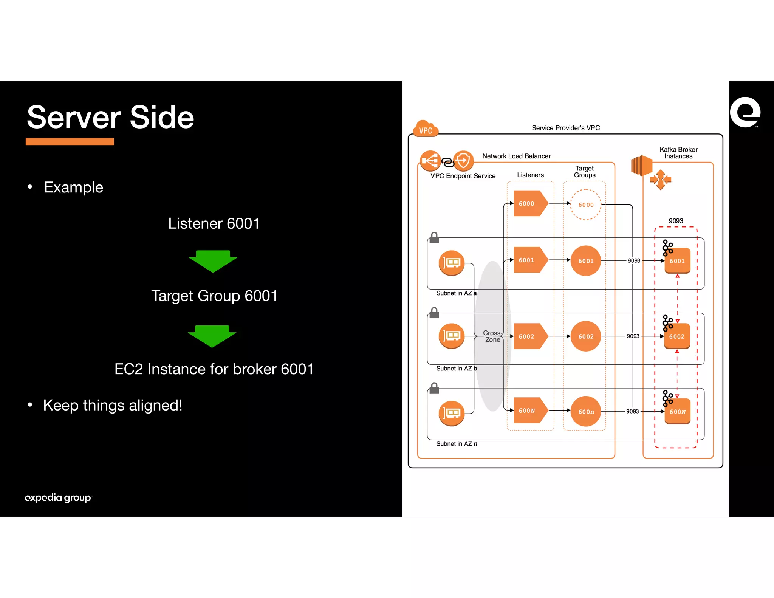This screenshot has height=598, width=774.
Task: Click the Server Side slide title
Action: [110, 117]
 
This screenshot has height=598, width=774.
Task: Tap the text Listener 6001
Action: [214, 223]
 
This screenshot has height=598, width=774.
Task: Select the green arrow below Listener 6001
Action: [213, 261]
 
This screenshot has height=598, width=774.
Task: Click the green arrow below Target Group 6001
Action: [212, 336]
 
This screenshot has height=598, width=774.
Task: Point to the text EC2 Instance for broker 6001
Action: [214, 369]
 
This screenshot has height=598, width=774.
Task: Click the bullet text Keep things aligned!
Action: [113, 405]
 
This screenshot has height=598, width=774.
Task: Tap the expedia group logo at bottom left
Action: [58, 497]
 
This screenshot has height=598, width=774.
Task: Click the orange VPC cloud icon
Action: [426, 129]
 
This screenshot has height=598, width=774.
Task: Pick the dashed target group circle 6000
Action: [586, 204]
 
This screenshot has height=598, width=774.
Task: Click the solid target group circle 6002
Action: [586, 336]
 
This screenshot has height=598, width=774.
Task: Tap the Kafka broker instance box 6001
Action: [677, 261]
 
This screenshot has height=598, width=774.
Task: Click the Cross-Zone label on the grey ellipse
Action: [492, 336]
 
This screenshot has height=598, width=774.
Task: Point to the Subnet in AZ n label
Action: [457, 443]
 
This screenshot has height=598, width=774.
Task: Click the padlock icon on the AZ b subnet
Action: [434, 313]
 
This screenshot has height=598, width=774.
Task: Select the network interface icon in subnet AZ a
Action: [451, 263]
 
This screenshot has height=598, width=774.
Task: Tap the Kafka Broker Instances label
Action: [678, 153]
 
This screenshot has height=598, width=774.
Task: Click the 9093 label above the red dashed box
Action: [676, 221]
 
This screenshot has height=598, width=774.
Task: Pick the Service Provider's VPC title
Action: [566, 128]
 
